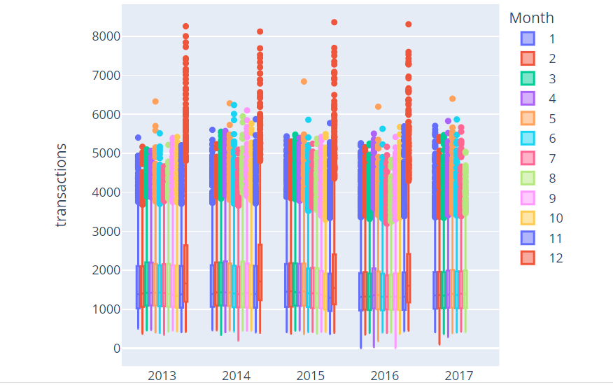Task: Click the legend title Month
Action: click(531, 17)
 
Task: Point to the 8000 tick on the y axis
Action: click(106, 36)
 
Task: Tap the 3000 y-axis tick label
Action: click(106, 232)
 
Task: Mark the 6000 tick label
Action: click(106, 115)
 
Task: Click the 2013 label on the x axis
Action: click(162, 376)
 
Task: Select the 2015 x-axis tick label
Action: click(310, 376)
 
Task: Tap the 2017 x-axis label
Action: click(458, 376)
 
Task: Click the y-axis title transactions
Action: click(62, 185)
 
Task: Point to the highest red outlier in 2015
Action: click(334, 22)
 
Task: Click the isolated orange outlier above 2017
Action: click(452, 99)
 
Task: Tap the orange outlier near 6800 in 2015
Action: click(304, 81)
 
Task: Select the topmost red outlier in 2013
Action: click(185, 27)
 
